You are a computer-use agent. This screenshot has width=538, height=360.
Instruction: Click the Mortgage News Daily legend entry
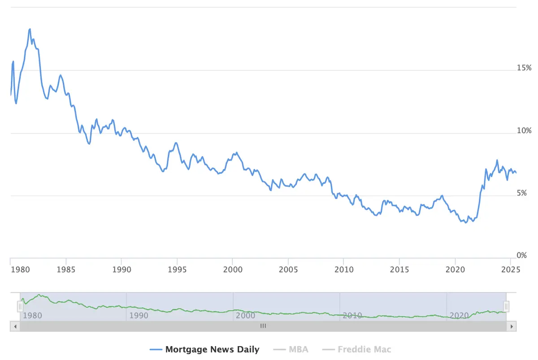click(204, 349)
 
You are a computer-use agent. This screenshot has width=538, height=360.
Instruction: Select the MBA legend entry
click(291, 349)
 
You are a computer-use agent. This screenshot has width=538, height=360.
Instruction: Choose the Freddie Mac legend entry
click(357, 349)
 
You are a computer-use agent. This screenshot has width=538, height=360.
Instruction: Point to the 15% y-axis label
click(524, 68)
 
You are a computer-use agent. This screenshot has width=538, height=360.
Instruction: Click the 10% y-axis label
click(524, 130)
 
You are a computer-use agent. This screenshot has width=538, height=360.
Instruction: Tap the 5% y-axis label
click(522, 193)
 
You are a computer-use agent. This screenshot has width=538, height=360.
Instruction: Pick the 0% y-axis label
click(522, 255)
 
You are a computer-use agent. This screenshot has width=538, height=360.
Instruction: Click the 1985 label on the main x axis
click(66, 270)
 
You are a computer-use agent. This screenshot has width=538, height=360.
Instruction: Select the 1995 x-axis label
click(177, 270)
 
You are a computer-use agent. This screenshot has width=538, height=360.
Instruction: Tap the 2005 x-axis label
click(288, 270)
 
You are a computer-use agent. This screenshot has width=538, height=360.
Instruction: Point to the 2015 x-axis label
click(399, 270)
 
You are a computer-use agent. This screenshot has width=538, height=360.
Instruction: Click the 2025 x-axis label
click(511, 270)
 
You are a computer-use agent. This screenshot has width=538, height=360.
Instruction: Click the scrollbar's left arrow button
click(15, 326)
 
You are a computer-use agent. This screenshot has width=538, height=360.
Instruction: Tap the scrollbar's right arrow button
click(512, 326)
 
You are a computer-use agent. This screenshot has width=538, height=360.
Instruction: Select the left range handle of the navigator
click(20, 307)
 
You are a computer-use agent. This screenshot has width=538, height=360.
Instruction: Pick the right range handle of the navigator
click(506, 307)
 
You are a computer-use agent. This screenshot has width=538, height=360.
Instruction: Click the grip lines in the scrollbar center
click(263, 326)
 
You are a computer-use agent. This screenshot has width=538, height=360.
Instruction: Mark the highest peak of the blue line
click(30, 29)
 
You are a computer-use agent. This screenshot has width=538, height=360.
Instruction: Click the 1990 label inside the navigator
click(139, 315)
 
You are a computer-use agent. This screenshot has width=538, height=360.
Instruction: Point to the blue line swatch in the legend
click(156, 350)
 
